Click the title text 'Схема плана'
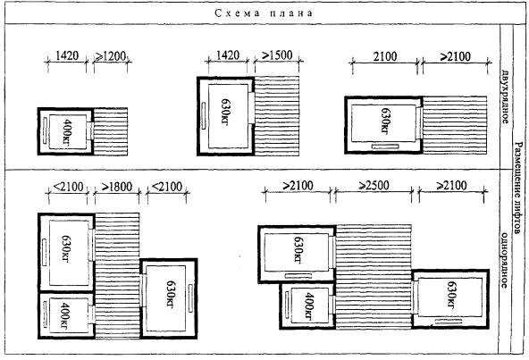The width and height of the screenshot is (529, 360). click(264, 13)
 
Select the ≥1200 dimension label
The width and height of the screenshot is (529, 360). click(110, 56)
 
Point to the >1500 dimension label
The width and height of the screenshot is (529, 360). click(277, 55)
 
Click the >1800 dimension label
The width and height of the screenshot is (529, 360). click(117, 187)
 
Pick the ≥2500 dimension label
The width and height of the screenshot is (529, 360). click(374, 185)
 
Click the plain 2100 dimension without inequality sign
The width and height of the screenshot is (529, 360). click(385, 56)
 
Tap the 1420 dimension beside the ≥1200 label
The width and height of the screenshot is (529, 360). click(67, 55)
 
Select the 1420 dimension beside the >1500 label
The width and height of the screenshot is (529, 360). click(228, 55)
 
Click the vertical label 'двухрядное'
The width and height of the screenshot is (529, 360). click(505, 96)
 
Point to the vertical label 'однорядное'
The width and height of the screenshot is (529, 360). click(504, 260)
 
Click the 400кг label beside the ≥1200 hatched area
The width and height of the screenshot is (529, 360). click(67, 131)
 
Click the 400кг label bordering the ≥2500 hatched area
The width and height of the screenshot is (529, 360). click(308, 306)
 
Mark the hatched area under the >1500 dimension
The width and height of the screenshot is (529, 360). click(277, 116)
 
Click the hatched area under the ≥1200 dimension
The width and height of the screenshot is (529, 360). click(110, 131)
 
